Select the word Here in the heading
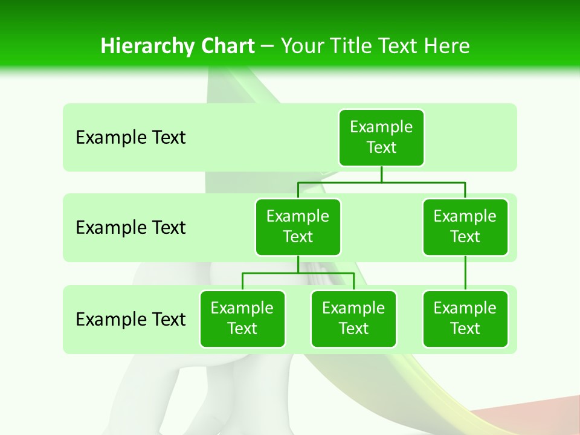pyautogui.click(x=446, y=47)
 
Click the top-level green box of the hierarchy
pyautogui.click(x=381, y=138)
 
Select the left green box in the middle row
pyautogui.click(x=298, y=227)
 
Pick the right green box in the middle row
pyautogui.click(x=465, y=227)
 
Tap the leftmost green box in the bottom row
pyautogui.click(x=242, y=319)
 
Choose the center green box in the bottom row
pyautogui.click(x=353, y=319)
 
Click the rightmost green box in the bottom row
pyautogui.click(x=465, y=319)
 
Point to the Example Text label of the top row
pyautogui.click(x=130, y=138)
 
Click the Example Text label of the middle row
pyautogui.click(x=130, y=228)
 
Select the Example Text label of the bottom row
pyautogui.click(x=130, y=319)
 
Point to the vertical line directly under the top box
pyautogui.click(x=381, y=174)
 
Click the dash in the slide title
pyautogui.click(x=268, y=47)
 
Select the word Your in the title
pyautogui.click(x=302, y=47)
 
